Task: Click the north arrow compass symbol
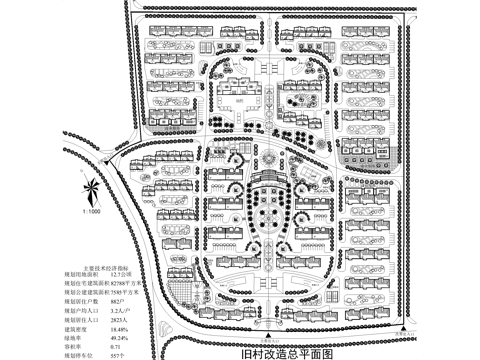(x=91, y=189)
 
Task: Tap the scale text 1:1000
(x=90, y=212)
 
